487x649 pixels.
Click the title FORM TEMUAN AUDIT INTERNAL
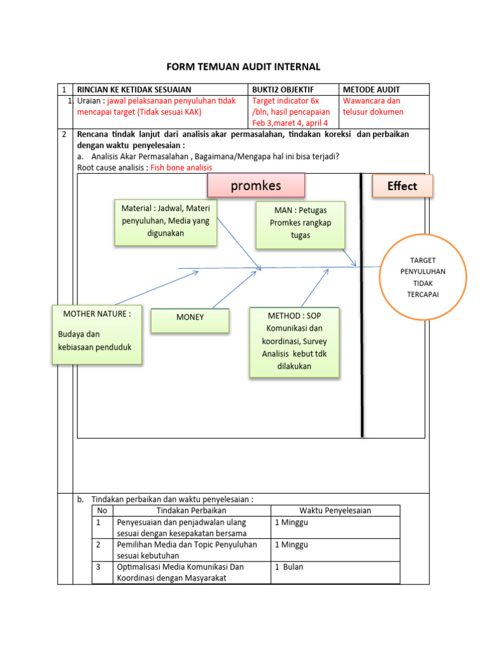243,67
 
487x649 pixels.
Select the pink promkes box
256,186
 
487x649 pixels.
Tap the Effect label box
402,186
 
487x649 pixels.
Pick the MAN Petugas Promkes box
300,224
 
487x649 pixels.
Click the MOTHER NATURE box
97,335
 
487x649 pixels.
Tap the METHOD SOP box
294,342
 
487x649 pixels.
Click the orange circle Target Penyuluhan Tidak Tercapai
422,277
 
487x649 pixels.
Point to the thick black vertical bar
362,304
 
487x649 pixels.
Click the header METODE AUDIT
371,90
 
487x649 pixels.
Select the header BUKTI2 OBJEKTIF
283,90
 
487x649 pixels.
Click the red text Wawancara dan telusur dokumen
373,106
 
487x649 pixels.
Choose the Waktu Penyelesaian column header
335,511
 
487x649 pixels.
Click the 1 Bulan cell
289,567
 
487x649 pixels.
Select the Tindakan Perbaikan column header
191,511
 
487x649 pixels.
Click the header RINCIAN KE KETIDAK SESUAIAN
134,90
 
